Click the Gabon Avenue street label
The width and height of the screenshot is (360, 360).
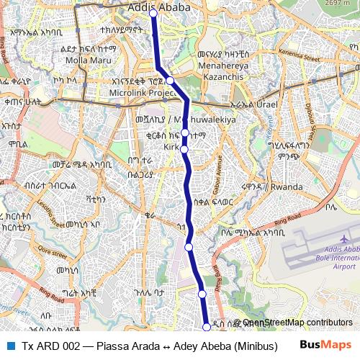tap(214, 171)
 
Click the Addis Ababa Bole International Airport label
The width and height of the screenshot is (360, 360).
tap(335, 257)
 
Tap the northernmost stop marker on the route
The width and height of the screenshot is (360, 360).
tap(153, 12)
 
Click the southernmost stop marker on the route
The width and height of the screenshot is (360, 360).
tap(207, 327)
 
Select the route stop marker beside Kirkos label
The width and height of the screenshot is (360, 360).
tap(184, 149)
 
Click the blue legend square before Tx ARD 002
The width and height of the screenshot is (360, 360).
tap(11, 346)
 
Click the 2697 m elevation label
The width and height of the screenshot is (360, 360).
tap(343, 4)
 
